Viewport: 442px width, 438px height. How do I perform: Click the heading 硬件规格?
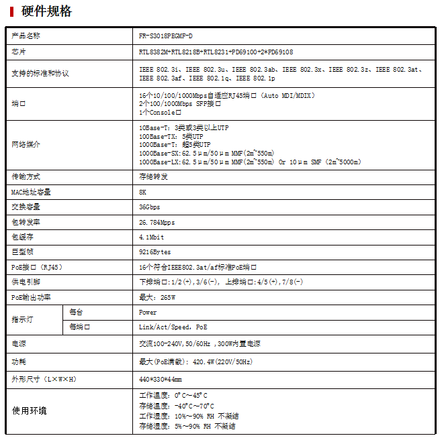click(47, 11)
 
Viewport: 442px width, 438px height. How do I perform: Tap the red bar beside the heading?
click(11, 11)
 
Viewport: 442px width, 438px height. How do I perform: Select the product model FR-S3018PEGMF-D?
click(166, 36)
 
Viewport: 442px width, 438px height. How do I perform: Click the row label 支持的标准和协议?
click(40, 73)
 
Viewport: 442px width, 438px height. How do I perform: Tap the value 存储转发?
click(153, 176)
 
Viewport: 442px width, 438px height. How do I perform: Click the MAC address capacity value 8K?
click(142, 192)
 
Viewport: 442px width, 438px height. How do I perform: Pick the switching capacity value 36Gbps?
click(150, 207)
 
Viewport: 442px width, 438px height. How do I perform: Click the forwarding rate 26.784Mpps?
click(157, 222)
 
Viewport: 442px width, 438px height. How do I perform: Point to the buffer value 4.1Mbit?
click(152, 237)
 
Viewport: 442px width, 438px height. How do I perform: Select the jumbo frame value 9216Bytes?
click(155, 252)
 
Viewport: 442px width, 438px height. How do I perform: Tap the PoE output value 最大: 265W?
click(157, 297)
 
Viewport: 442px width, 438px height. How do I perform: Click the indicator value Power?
click(148, 312)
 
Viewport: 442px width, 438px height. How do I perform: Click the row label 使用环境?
click(30, 410)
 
